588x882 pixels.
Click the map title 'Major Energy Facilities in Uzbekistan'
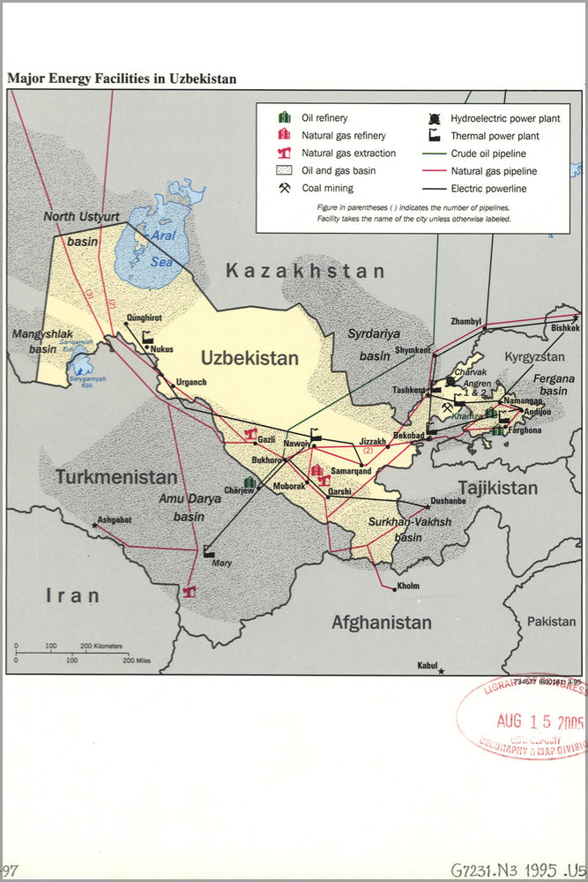click(x=122, y=78)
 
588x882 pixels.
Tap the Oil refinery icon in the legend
click(x=285, y=118)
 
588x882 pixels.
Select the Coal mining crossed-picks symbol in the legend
click(x=285, y=188)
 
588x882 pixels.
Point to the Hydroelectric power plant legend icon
click(x=435, y=118)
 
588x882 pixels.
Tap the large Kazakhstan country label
click(x=305, y=272)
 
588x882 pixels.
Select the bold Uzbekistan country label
click(x=249, y=358)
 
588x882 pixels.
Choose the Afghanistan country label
click(x=381, y=623)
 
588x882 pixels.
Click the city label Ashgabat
click(x=115, y=519)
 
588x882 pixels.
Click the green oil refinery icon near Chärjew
click(x=250, y=482)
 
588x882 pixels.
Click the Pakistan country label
click(x=551, y=622)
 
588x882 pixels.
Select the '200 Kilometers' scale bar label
click(x=102, y=647)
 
